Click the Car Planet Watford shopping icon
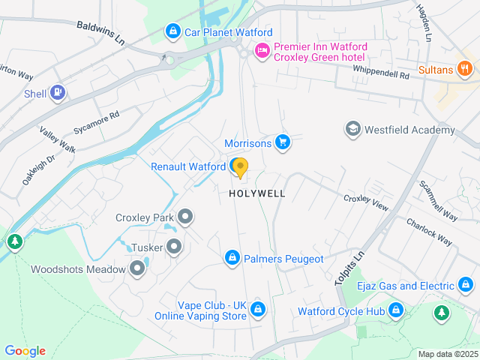[173, 32]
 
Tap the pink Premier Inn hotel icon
[262, 51]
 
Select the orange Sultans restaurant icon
[465, 70]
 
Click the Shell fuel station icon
[58, 94]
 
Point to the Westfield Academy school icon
[352, 130]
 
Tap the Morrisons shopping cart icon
[282, 142]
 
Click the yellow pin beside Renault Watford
[240, 167]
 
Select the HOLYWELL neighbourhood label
[257, 193]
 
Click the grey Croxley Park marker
[186, 217]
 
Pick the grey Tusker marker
[174, 246]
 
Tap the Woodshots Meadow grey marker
[137, 268]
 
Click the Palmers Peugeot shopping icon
[232, 258]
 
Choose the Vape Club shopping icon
[258, 309]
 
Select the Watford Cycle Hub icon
[395, 310]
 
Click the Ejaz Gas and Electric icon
[465, 285]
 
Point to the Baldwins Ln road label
[100, 32]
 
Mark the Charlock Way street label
[430, 232]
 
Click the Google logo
[25, 351]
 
